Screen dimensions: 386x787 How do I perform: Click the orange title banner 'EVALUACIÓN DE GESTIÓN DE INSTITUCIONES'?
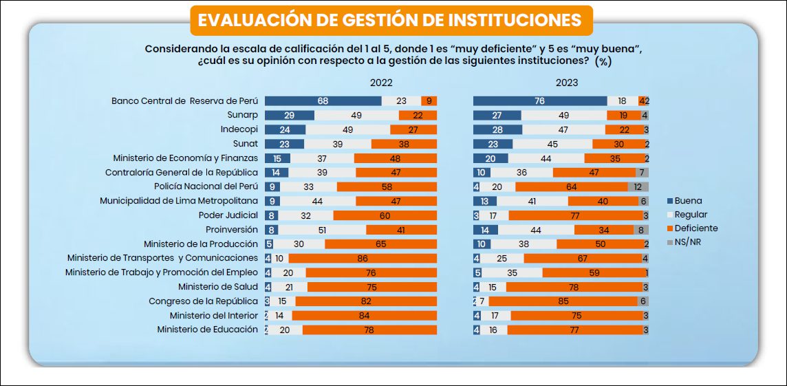click(389, 20)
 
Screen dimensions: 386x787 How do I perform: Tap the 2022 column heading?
click(381, 83)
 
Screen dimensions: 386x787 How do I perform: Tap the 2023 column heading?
click(567, 83)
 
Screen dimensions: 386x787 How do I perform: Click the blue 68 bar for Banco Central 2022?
click(323, 100)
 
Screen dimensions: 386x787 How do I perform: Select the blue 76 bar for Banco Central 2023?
click(540, 100)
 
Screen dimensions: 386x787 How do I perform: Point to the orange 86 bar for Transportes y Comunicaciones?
click(363, 258)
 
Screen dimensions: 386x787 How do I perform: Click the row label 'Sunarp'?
click(242, 115)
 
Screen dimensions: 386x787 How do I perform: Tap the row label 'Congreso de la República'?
click(203, 301)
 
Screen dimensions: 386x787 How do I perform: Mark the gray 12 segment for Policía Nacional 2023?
click(638, 186)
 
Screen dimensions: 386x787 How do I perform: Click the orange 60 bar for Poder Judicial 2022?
click(385, 215)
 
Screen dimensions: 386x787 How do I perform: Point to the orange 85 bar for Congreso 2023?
click(563, 301)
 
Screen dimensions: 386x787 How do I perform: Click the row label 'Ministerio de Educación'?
click(207, 330)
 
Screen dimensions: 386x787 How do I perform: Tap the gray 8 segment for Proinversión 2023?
click(640, 229)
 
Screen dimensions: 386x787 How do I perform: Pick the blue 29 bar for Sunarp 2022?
click(289, 115)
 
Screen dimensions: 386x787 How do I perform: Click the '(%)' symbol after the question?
click(603, 62)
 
